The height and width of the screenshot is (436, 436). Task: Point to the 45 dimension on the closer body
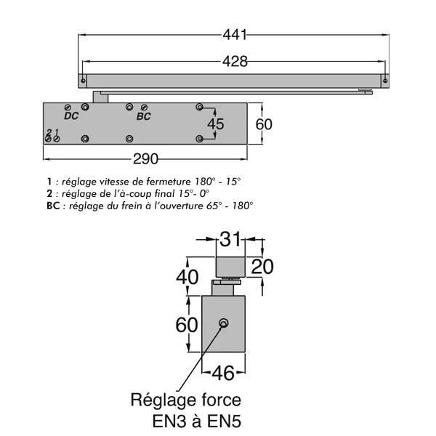(216, 124)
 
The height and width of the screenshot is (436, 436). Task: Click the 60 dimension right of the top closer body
(264, 124)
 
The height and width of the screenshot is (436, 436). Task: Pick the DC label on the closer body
(71, 116)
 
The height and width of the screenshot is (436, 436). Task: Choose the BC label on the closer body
(143, 116)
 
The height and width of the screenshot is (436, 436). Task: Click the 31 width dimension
(231, 239)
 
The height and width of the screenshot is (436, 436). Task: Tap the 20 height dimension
(262, 267)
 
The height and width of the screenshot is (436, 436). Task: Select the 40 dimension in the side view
(187, 277)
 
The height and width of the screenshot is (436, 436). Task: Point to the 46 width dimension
(224, 374)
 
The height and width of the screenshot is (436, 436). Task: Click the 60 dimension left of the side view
(187, 324)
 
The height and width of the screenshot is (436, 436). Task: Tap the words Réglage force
(186, 399)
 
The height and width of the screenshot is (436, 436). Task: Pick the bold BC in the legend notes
(50, 206)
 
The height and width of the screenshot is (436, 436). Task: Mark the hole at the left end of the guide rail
(84, 78)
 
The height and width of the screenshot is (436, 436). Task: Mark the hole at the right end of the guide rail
(387, 78)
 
